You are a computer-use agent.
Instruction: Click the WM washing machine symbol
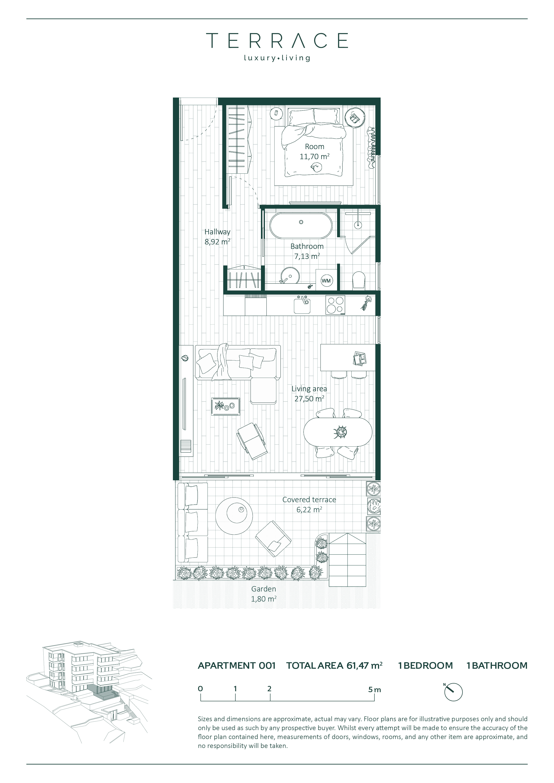click(x=326, y=280)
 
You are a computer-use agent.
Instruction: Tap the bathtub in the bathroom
click(x=300, y=225)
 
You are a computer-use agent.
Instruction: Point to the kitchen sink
click(x=302, y=304)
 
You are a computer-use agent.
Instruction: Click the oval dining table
click(x=338, y=432)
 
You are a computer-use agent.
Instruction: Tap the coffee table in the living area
click(x=226, y=406)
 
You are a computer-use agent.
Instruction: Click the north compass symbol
click(x=453, y=692)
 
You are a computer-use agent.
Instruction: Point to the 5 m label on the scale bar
click(x=374, y=689)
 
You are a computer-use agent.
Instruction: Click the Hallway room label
click(x=217, y=232)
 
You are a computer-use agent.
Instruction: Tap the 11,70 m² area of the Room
click(x=314, y=156)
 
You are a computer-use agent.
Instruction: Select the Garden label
click(x=264, y=589)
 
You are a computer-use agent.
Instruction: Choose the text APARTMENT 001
click(x=237, y=666)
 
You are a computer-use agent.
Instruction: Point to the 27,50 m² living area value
click(x=309, y=399)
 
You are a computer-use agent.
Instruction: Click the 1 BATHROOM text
click(x=497, y=666)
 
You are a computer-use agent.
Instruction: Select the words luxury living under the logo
click(x=277, y=58)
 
